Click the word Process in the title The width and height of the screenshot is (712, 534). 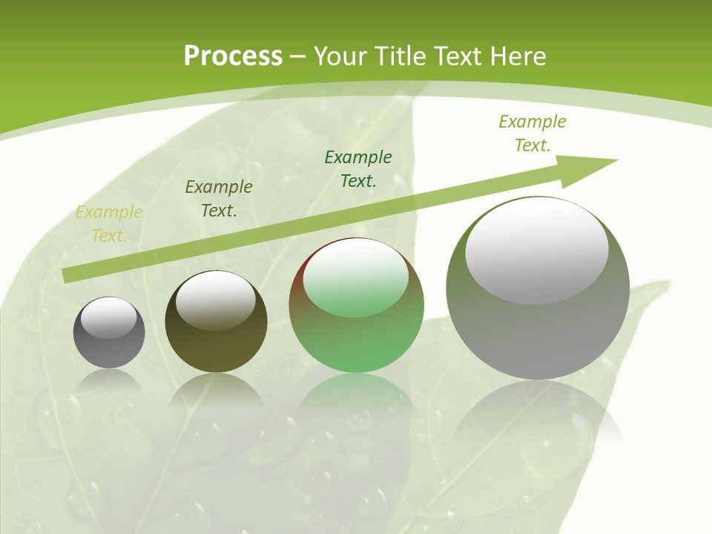pos(233,56)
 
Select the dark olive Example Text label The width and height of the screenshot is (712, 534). pos(219,199)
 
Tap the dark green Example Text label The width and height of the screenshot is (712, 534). pos(358,168)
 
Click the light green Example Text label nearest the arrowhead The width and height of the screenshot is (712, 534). pos(533,133)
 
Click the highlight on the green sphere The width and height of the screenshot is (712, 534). pos(355,278)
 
